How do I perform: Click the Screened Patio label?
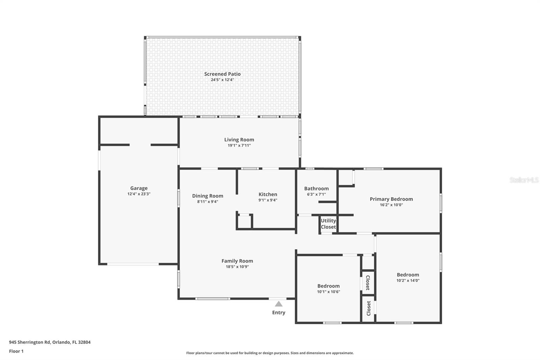[x=222, y=74]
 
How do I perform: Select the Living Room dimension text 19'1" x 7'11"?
[x=239, y=146]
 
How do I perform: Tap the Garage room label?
[x=139, y=188]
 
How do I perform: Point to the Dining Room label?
[x=208, y=196]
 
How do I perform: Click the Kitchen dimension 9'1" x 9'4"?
[x=268, y=200]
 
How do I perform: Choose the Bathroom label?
[x=316, y=188]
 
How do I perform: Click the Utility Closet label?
[x=328, y=224]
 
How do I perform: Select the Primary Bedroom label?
[x=391, y=199]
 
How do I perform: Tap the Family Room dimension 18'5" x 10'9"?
[x=237, y=267]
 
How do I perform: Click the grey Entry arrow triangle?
[x=278, y=304]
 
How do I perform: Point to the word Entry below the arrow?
[x=278, y=313]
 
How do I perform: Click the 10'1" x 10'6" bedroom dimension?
[x=328, y=292]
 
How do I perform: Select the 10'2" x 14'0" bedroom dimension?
[x=408, y=281]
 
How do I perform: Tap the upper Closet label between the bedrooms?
[x=368, y=283]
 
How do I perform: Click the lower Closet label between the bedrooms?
[x=369, y=308]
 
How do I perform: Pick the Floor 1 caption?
[x=16, y=351]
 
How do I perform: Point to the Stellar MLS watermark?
[x=524, y=180]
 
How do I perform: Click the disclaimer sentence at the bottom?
[x=270, y=353]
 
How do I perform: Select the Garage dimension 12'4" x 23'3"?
[x=139, y=194]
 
